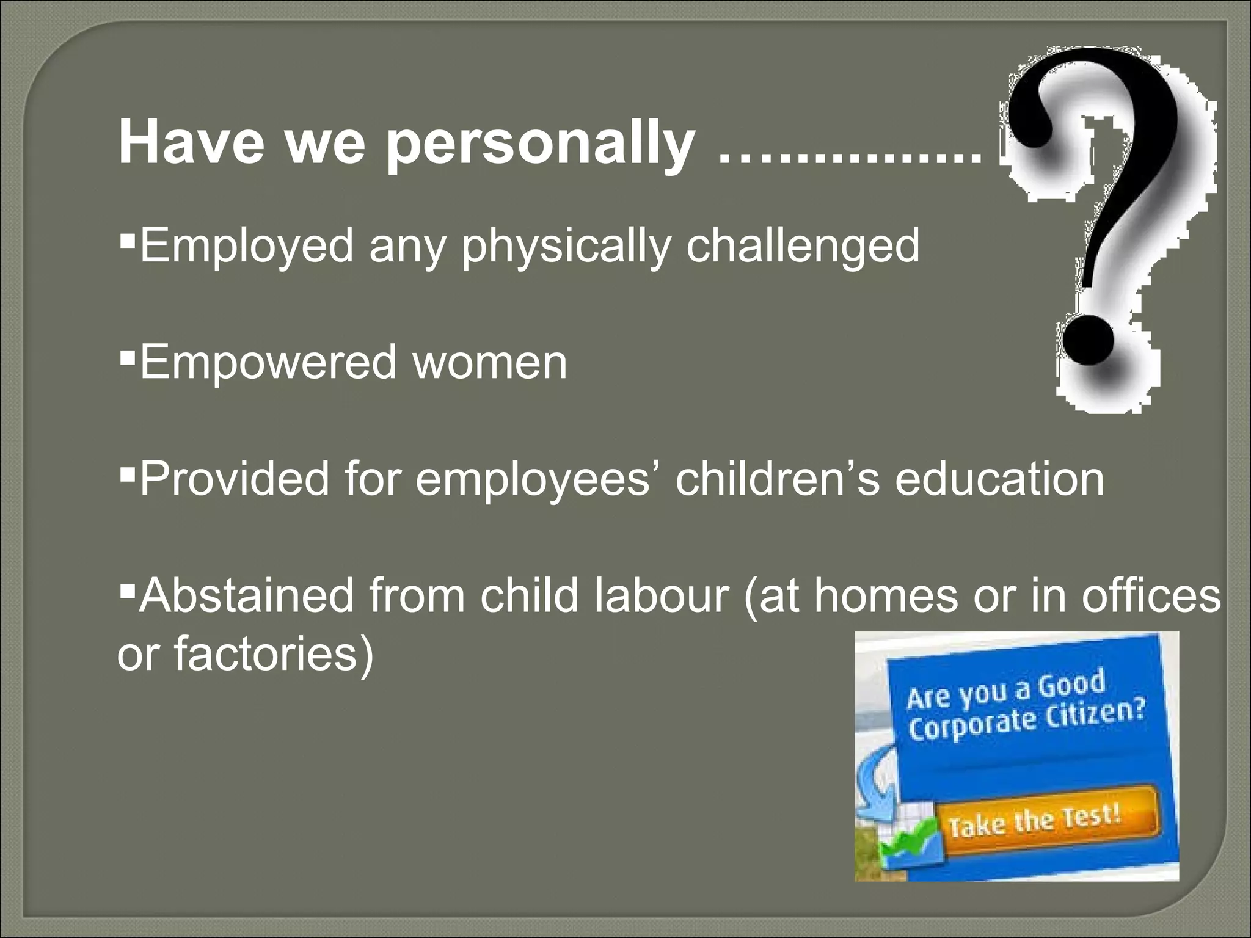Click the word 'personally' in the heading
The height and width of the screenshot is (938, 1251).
(540, 145)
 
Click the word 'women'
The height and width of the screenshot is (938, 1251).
(489, 362)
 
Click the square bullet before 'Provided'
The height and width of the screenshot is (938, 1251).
(126, 471)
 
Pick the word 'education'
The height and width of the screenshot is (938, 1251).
(999, 479)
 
